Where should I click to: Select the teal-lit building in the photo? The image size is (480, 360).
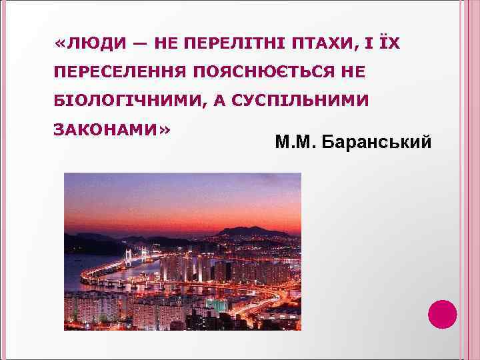click(x=217, y=305)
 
